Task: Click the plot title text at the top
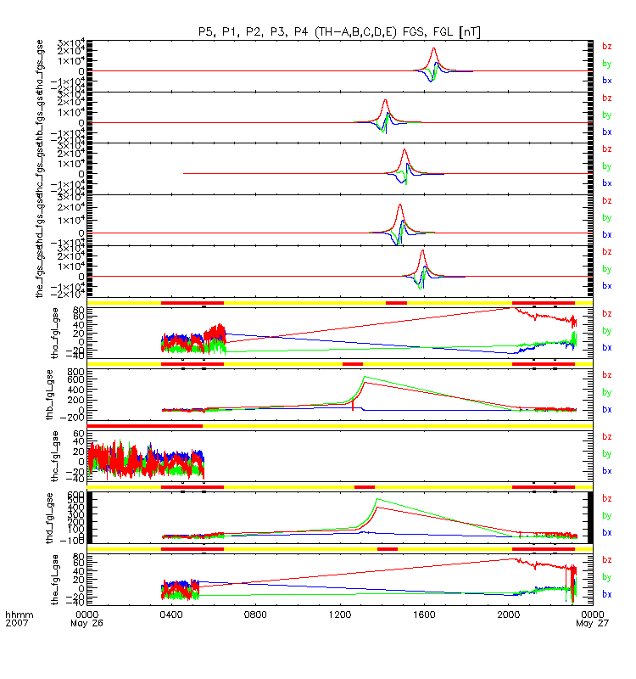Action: click(x=340, y=31)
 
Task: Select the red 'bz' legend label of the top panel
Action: click(x=606, y=47)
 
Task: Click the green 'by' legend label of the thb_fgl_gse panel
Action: click(x=606, y=392)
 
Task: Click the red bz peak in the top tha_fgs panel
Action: click(x=434, y=49)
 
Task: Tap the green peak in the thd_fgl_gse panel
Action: click(x=377, y=500)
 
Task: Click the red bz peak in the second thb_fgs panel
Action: click(x=386, y=101)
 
